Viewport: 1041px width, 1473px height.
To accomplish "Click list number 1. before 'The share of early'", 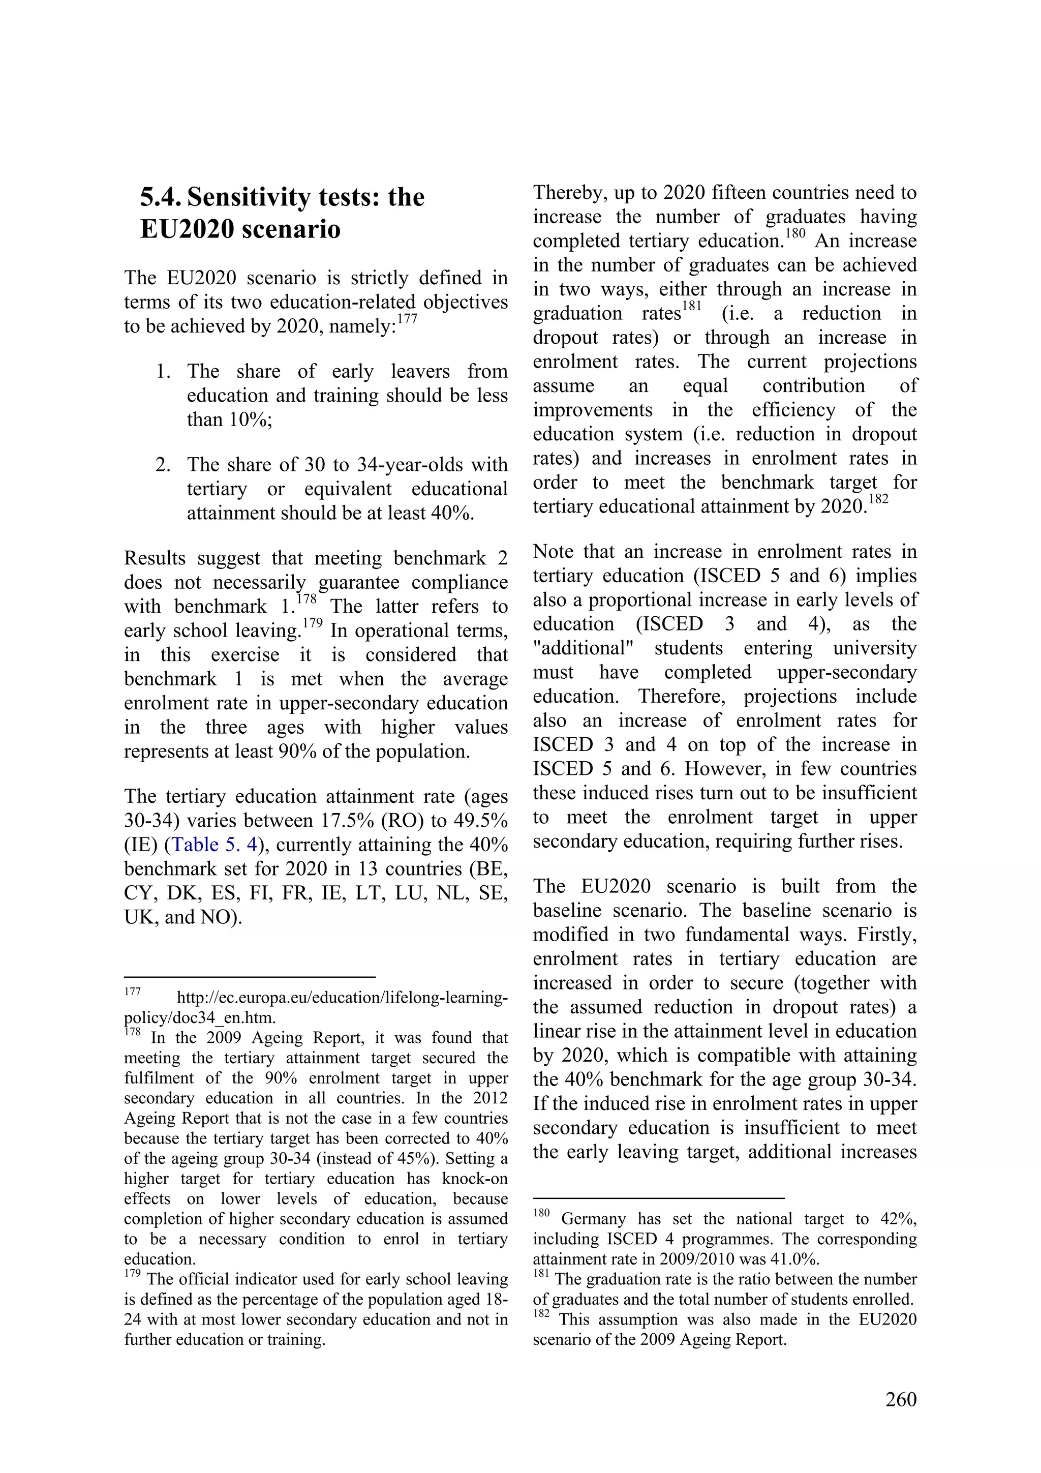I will [x=163, y=372].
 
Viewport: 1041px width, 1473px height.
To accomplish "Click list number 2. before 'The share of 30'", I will [x=163, y=465].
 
